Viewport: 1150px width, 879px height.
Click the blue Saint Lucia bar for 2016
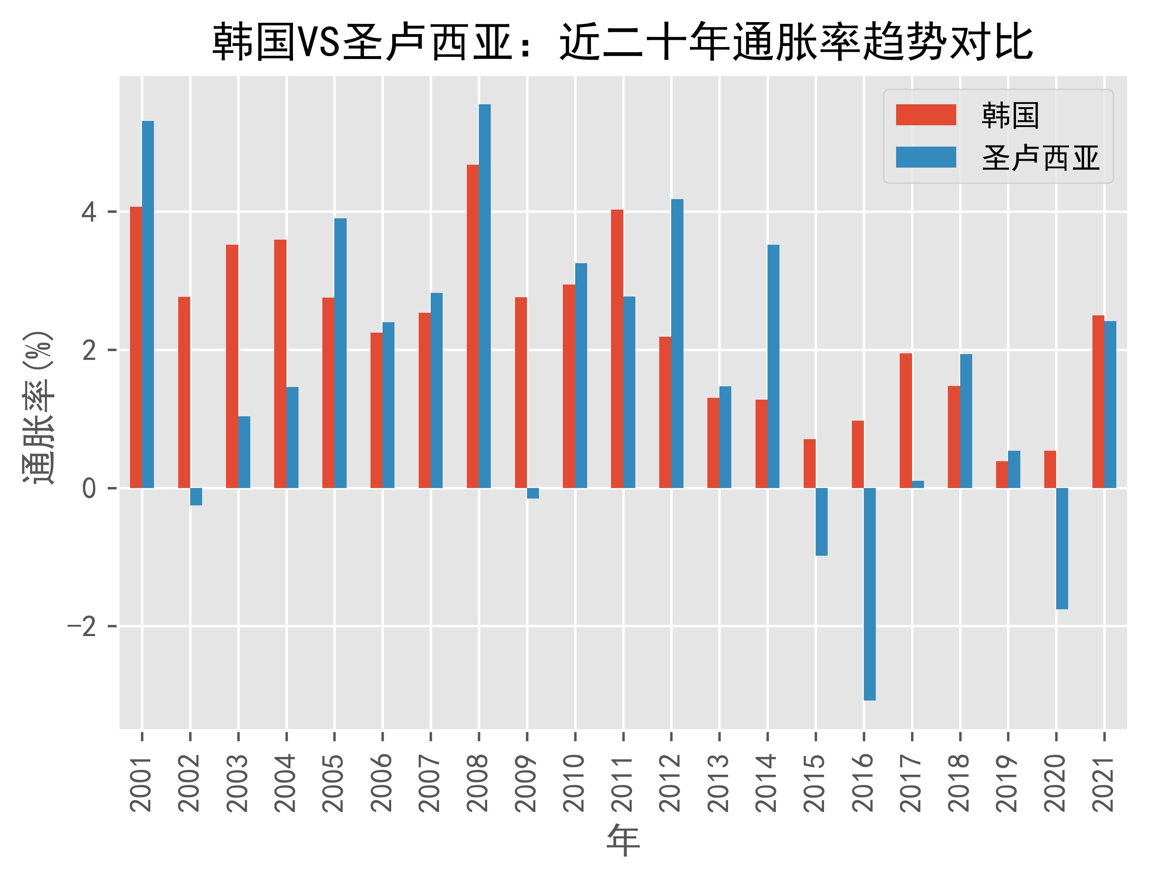[x=869, y=594]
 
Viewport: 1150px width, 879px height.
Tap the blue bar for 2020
[x=1062, y=548]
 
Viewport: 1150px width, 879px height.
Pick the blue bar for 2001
[x=148, y=304]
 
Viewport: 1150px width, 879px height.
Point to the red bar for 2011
[x=617, y=349]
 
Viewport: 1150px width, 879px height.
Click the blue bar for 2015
[x=821, y=522]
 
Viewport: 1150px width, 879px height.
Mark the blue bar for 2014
[x=773, y=366]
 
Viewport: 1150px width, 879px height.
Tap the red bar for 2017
[x=906, y=421]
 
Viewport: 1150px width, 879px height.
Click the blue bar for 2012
[x=677, y=344]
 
